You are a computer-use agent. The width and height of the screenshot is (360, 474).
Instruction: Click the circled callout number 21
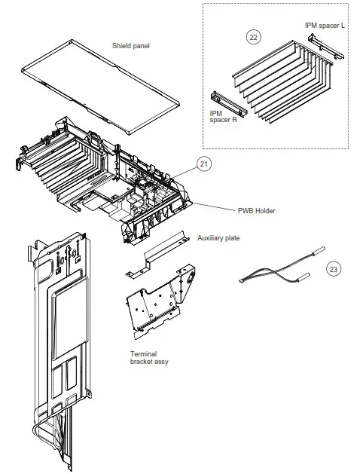[x=203, y=163]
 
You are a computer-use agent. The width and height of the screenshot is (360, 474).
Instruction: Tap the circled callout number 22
[x=255, y=35]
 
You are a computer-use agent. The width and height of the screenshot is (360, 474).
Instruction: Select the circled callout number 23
[x=333, y=268]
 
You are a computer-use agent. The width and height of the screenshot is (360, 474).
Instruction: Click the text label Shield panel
[x=131, y=46]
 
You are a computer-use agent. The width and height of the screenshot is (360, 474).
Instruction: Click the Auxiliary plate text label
[x=218, y=237]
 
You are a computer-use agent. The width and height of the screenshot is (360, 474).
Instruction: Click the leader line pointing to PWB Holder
[x=218, y=207]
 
